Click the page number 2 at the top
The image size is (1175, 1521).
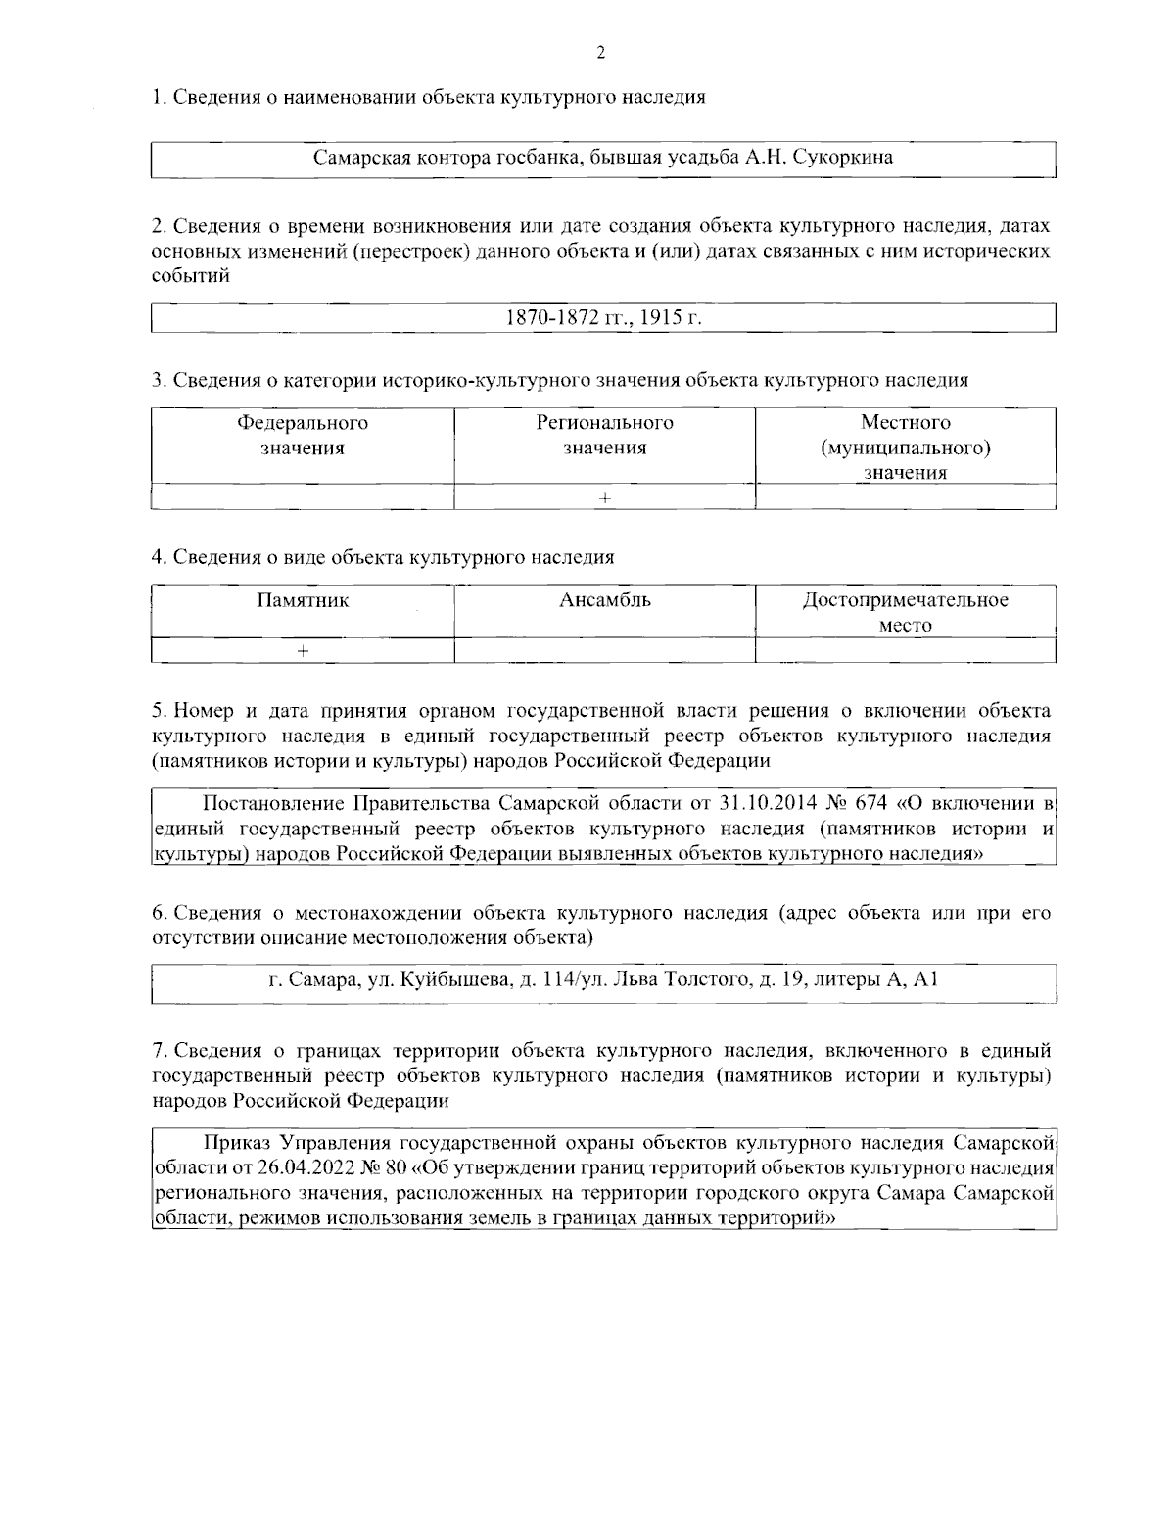tap(600, 52)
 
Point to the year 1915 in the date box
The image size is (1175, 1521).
tap(663, 319)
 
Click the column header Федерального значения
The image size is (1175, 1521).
tap(303, 436)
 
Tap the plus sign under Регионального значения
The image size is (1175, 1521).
tap(604, 498)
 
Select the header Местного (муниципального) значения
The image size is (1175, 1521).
tap(905, 448)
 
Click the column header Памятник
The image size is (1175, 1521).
tap(303, 600)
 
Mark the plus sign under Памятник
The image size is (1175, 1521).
tap(304, 650)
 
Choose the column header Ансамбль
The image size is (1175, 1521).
tap(604, 600)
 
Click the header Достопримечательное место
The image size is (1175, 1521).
tap(905, 612)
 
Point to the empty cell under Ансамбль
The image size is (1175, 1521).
tap(604, 650)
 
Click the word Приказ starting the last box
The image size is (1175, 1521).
tap(237, 1143)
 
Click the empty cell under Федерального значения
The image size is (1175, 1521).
tap(303, 498)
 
